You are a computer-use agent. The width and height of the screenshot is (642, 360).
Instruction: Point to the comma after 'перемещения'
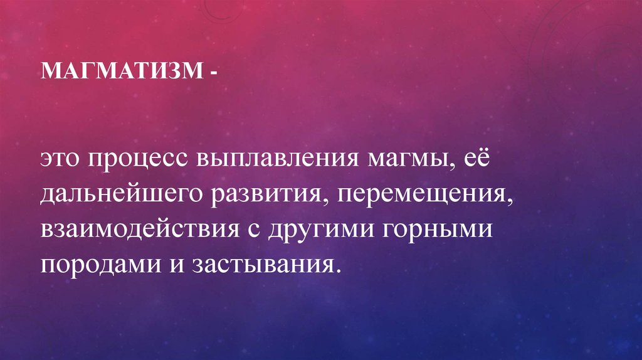tap(510, 201)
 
